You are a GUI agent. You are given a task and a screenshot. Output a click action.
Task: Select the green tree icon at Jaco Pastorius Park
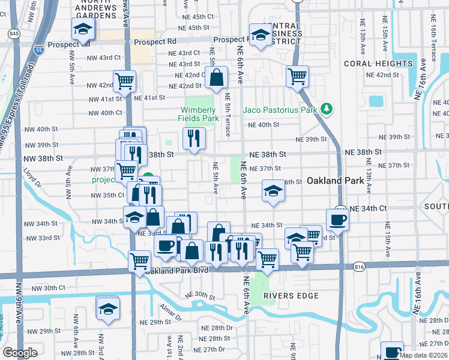tap(326, 109)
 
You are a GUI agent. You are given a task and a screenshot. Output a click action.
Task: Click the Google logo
tap(20, 353)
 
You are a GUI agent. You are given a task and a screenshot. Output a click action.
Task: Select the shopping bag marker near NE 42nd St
tap(216, 77)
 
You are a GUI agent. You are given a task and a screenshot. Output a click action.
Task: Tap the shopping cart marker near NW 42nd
tap(124, 81)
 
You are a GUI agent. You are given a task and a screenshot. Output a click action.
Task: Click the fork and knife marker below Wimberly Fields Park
tap(194, 138)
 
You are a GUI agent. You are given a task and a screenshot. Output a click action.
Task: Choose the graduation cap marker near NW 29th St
tap(107, 308)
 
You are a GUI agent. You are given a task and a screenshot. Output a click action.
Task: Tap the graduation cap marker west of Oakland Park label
tap(273, 191)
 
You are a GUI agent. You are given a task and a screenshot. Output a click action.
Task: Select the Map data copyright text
tap(423, 355)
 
